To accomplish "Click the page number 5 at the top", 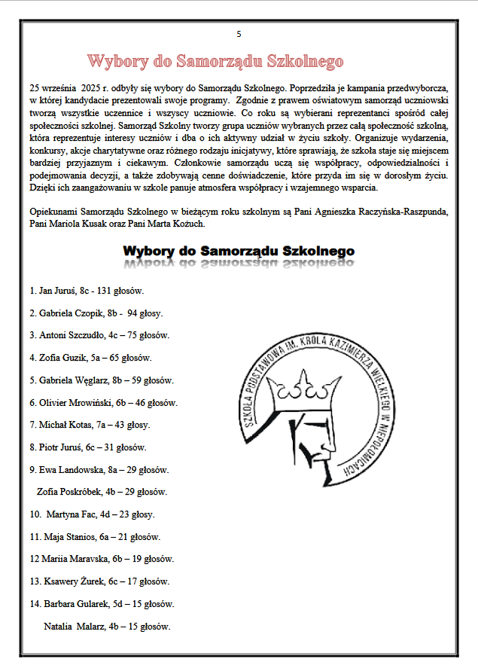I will (x=239, y=34).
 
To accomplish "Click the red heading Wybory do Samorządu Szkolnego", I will (x=215, y=61).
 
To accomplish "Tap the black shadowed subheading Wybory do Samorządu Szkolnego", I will (x=239, y=251).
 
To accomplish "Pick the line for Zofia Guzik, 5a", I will (x=90, y=358).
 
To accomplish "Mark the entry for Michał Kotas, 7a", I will (x=90, y=425).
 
